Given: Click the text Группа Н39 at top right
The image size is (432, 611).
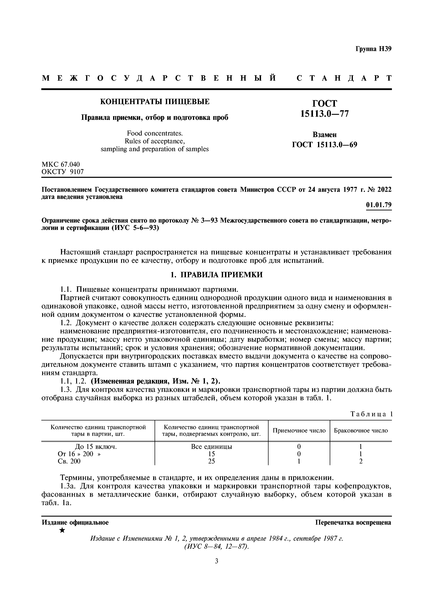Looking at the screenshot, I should pos(373,49).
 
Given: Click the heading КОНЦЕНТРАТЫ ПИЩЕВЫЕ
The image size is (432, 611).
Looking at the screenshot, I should pos(154,102).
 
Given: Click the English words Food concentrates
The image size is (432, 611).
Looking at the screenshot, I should pos(154,133).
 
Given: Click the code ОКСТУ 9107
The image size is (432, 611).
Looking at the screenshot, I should pos(63,172).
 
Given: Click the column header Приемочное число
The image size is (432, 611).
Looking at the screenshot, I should pos(299,431).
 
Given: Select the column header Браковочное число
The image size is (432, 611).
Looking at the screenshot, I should pos(361,431).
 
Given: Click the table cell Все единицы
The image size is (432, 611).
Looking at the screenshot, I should pos(211,447).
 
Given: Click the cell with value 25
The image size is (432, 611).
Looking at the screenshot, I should pos(211,461).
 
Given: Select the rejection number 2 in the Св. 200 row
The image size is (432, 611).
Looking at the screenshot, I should pos(361,461).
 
